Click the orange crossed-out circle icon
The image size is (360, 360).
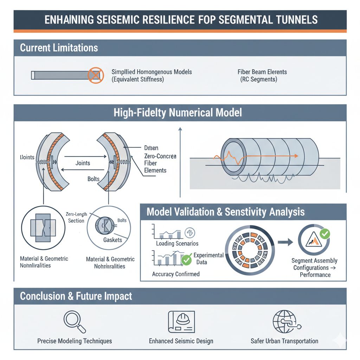click(x=96, y=75)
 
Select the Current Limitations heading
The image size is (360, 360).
click(x=59, y=48)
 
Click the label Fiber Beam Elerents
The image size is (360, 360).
click(x=262, y=72)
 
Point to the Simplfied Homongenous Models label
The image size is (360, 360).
click(x=152, y=72)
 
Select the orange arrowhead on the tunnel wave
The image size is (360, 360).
click(x=296, y=156)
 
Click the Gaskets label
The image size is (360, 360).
click(x=112, y=240)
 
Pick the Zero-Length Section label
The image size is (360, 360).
click(x=76, y=217)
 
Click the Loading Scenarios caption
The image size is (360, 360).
click(x=177, y=243)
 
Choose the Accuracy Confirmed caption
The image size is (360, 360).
click(x=175, y=274)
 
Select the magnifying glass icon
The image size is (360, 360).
click(x=75, y=322)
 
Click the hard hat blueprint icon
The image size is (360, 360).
click(x=181, y=321)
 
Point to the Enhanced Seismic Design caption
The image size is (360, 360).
click(x=181, y=341)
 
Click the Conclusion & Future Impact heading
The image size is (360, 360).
click(x=76, y=296)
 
